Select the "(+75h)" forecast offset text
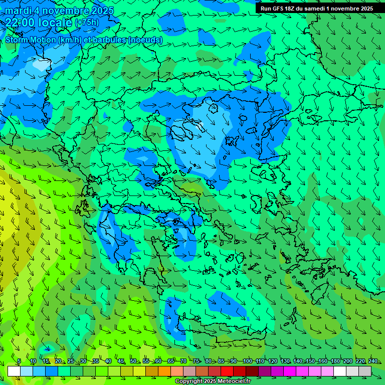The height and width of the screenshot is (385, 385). [x=87, y=23]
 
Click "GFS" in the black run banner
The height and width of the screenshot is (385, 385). [x=281, y=9]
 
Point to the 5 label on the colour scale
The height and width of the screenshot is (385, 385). [x=19, y=361]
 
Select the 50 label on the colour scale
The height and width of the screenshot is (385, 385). [x=133, y=361]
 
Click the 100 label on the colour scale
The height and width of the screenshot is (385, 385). [x=247, y=361]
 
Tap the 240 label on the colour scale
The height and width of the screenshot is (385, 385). [x=373, y=361]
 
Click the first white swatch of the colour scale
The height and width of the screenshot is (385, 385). [x=14, y=371]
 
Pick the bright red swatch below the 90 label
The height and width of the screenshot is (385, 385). [x=227, y=371]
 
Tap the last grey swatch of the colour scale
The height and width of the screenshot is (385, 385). [x=365, y=371]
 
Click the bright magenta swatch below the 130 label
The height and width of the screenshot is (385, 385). [x=290, y=371]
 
